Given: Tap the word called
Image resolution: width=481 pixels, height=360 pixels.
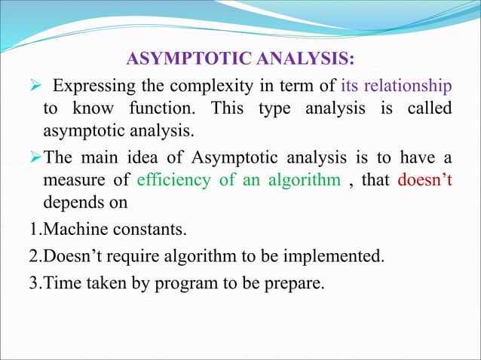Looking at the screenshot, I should click(427, 108).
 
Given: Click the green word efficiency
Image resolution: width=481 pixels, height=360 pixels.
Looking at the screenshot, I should click(171, 181).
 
